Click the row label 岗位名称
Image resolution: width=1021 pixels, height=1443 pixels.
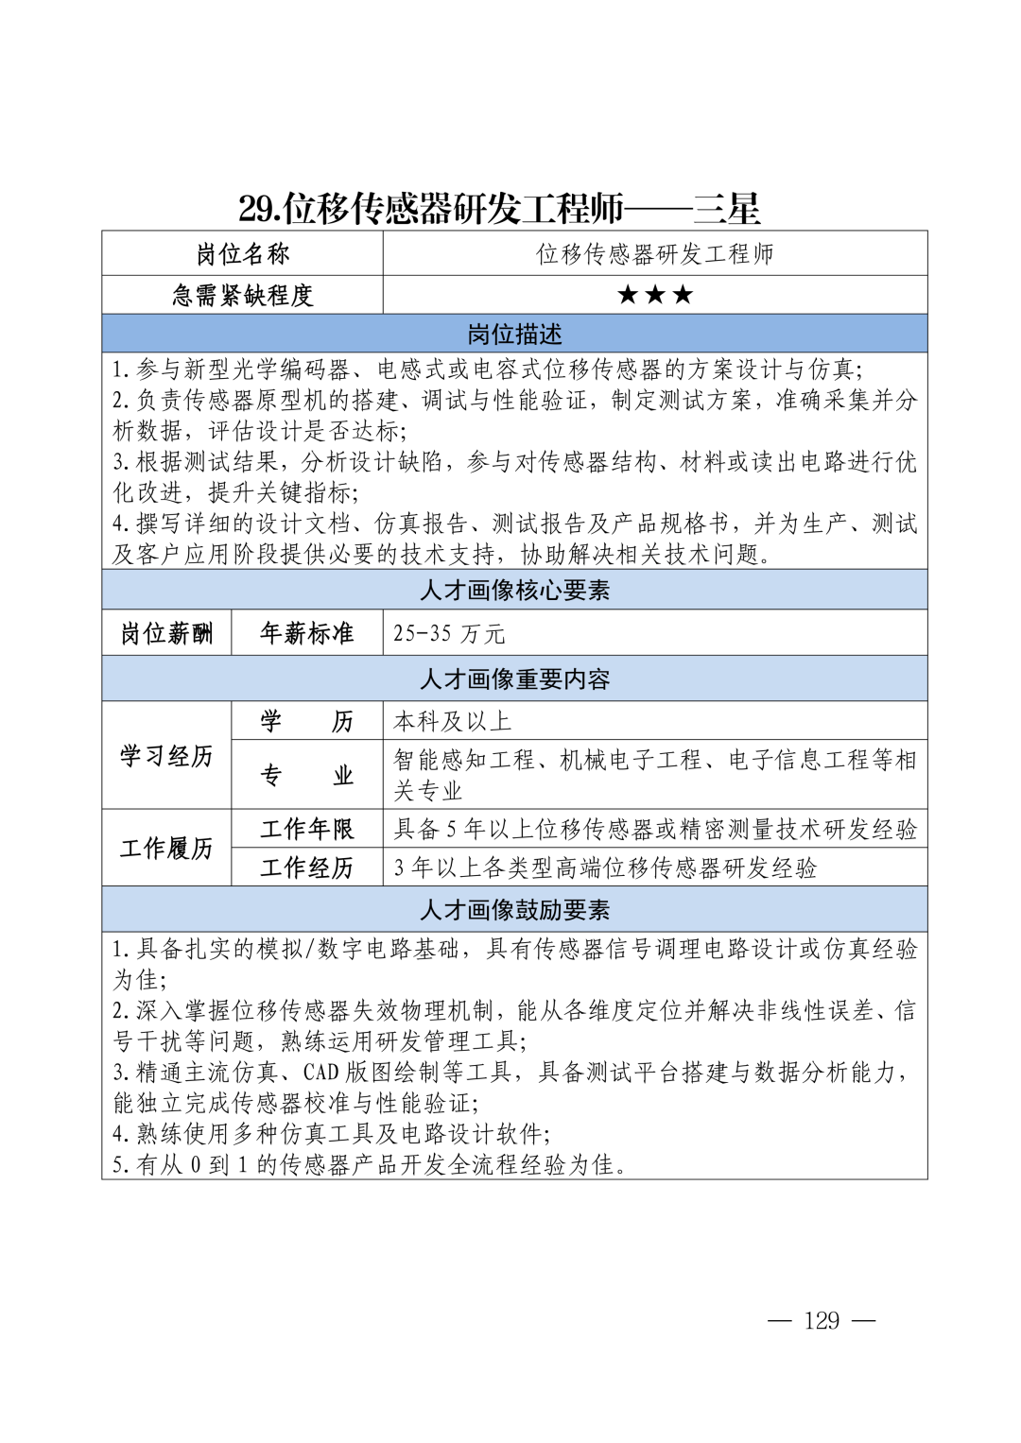(x=242, y=254)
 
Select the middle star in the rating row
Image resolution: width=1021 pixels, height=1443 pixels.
(x=655, y=295)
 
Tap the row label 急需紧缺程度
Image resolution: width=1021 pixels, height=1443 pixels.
(x=242, y=296)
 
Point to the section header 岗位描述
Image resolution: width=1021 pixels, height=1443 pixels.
(x=514, y=335)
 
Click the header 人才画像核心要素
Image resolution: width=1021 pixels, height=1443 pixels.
(x=514, y=591)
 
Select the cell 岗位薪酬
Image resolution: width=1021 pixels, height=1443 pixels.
(x=166, y=633)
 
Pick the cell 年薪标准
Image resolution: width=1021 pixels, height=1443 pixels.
(x=306, y=633)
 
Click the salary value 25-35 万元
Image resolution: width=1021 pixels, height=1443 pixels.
(x=449, y=633)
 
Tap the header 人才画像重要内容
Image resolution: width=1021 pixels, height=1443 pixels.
(x=514, y=679)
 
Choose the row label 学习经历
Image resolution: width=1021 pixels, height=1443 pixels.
(x=166, y=756)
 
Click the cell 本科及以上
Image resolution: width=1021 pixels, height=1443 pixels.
(x=452, y=722)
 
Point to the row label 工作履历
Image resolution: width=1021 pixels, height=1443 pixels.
(x=166, y=849)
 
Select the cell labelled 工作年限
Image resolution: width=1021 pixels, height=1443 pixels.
(x=306, y=830)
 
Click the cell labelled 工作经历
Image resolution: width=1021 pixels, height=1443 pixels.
(x=306, y=868)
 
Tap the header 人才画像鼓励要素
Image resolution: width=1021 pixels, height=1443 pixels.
(x=514, y=910)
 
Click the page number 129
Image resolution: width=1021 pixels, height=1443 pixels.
(x=822, y=1320)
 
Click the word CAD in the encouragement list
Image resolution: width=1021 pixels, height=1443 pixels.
(x=321, y=1073)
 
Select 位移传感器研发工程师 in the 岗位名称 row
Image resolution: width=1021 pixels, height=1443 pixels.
(x=655, y=254)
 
